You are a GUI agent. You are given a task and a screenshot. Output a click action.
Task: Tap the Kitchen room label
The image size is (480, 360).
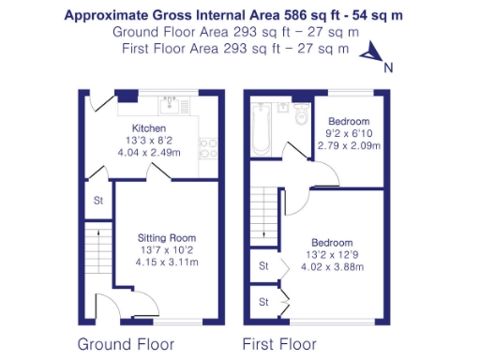tap(148, 128)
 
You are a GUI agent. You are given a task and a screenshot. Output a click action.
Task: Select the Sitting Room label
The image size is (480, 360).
tap(154, 238)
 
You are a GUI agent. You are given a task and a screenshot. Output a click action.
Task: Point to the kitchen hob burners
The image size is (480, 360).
tap(209, 148)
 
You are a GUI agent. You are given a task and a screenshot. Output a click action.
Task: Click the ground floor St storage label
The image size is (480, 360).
tap(97, 201)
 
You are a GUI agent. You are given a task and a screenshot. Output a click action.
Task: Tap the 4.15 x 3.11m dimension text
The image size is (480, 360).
tap(154, 262)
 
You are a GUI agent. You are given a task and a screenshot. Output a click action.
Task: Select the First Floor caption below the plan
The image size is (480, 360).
tap(278, 343)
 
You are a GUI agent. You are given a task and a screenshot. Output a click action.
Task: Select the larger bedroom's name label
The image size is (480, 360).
tap(334, 240)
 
